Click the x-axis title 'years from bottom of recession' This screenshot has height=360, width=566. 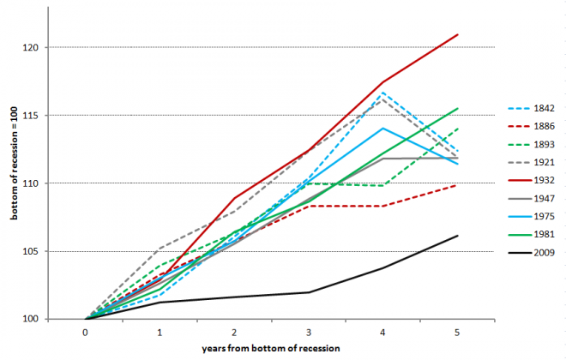pos(272,349)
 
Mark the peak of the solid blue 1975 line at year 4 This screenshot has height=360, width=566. pos(383,129)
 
